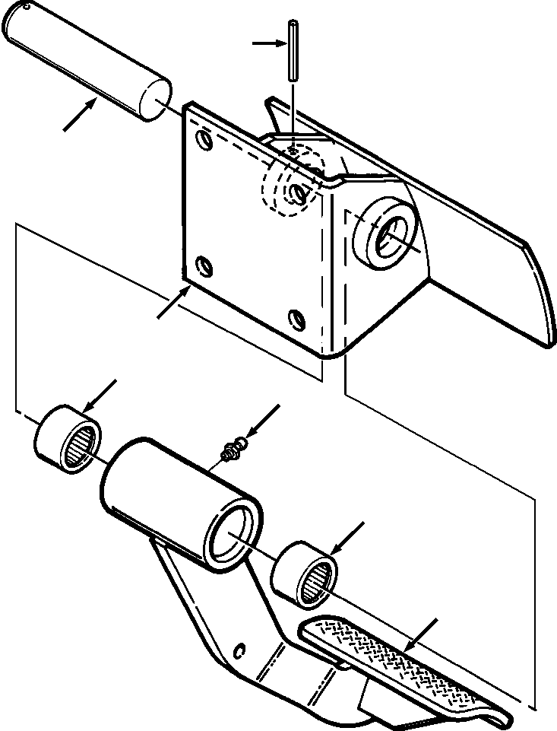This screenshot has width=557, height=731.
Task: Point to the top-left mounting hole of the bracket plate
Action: click(203, 139)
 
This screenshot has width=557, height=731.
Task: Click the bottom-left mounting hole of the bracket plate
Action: click(203, 265)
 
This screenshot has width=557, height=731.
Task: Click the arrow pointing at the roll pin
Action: click(267, 43)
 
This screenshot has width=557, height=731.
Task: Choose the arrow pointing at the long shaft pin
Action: click(81, 116)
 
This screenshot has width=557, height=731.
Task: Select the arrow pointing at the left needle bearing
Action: click(100, 395)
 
